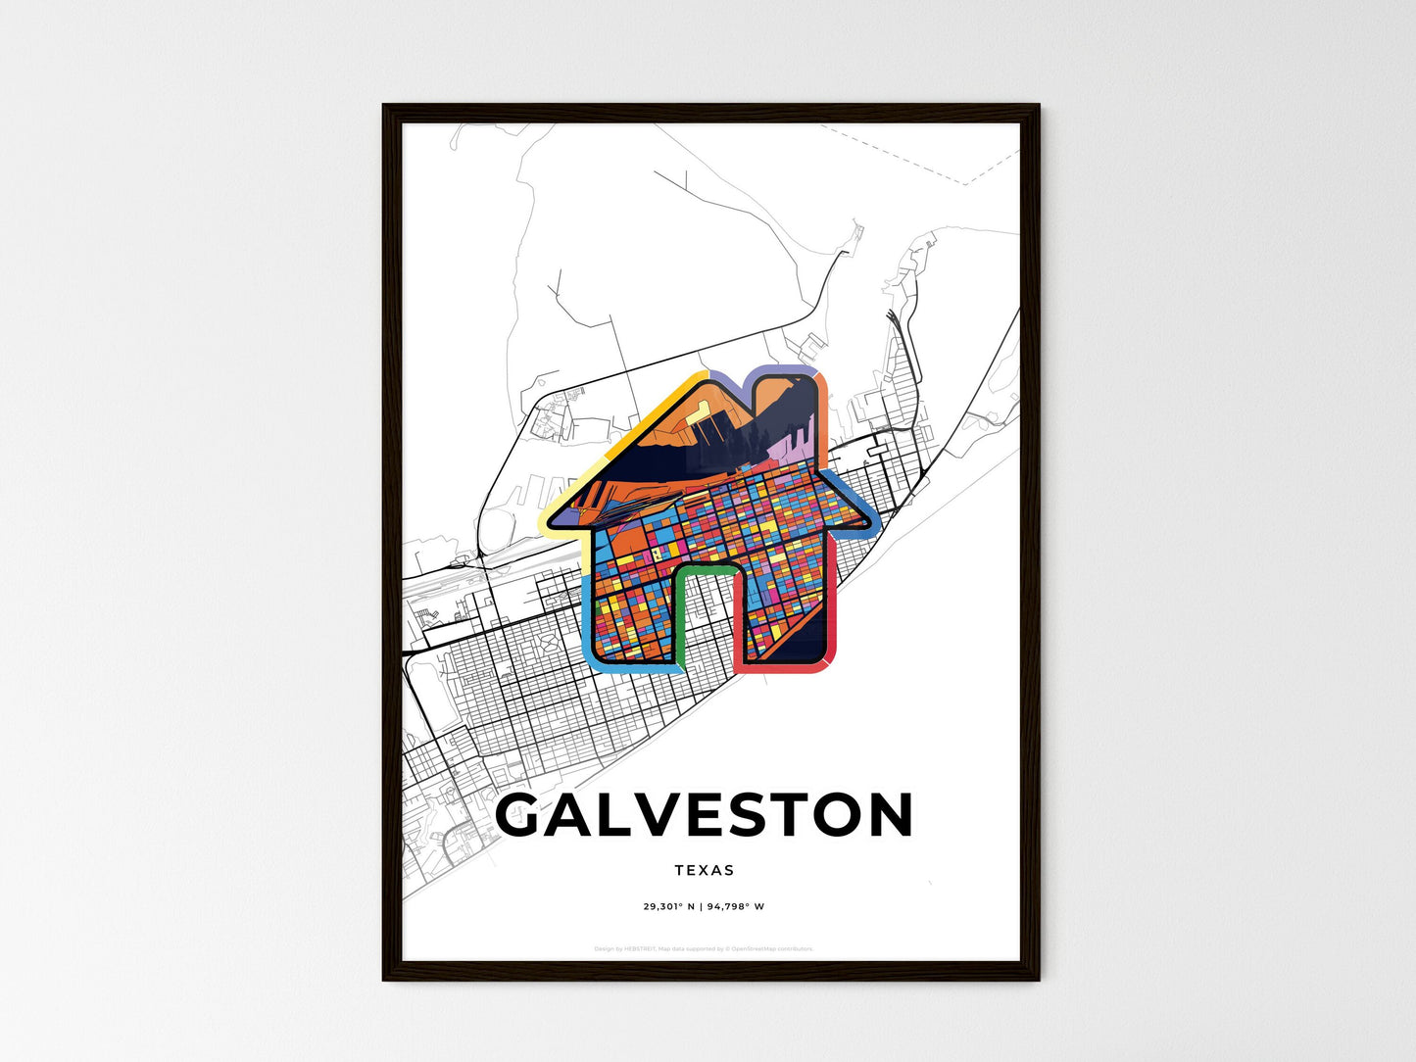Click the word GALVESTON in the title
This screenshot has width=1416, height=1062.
pyautogui.click(x=705, y=816)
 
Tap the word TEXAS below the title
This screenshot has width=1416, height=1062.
pyautogui.click(x=705, y=870)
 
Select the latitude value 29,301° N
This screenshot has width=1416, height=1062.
pyautogui.click(x=668, y=907)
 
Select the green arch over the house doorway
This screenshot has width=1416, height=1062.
pyautogui.click(x=707, y=568)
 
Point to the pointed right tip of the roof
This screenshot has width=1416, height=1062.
pyautogui.click(x=866, y=522)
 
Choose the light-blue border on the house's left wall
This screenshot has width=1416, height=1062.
pyautogui.click(x=588, y=607)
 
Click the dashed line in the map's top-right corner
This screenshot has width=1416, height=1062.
pyautogui.click(x=911, y=157)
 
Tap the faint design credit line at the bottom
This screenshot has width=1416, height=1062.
pyautogui.click(x=705, y=948)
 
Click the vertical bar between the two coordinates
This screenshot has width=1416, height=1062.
pyautogui.click(x=703, y=907)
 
